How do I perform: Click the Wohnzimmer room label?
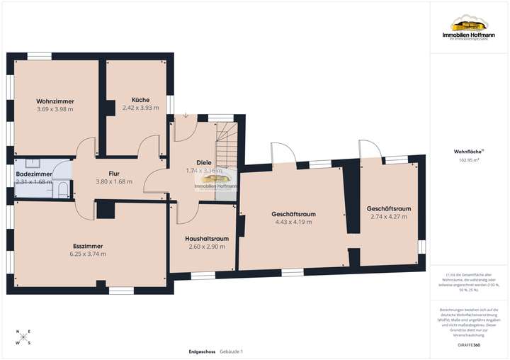point(55,101)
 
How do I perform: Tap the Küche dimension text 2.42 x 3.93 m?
point(140,108)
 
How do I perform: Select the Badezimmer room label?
point(34,173)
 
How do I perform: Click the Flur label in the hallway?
point(114,173)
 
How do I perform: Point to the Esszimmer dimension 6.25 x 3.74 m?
point(88,254)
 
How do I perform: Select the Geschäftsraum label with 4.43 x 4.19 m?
point(293,214)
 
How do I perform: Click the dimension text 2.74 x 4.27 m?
point(389,217)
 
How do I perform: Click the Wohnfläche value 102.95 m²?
point(467,161)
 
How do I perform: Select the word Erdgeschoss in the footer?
point(202,351)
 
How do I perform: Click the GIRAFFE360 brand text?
point(467,344)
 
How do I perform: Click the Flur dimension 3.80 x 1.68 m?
point(114,181)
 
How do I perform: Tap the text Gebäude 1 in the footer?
point(231,351)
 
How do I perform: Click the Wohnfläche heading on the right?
point(467,152)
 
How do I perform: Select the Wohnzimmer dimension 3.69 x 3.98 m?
point(55,109)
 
